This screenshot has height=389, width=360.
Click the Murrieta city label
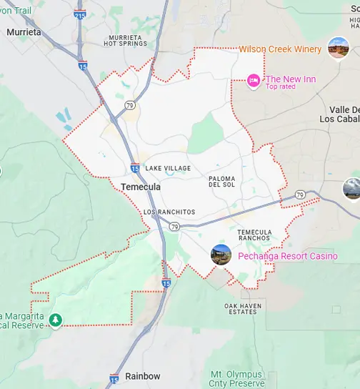pos(24,32)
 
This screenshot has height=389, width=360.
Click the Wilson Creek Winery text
pos(280,49)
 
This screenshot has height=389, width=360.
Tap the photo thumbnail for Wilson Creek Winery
pos(338,48)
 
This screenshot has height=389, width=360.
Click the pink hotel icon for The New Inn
pos(253,80)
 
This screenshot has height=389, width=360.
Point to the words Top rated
pos(281,87)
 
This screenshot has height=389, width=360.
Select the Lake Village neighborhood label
pos(168,168)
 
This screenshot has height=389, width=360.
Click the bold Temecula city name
pos(141,187)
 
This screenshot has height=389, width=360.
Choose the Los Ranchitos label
pos(169,212)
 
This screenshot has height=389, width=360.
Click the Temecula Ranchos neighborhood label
pos(254,236)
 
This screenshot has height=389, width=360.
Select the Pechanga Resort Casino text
pos(278,255)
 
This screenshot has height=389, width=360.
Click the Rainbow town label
pos(142,376)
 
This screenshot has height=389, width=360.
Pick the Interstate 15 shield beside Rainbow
pos(114,378)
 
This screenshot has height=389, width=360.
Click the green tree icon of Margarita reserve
pos(56,320)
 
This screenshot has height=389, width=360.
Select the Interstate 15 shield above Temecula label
pos(135,167)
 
